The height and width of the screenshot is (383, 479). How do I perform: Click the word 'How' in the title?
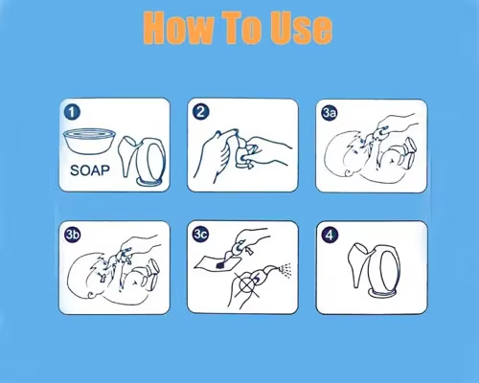pyautogui.click(x=178, y=28)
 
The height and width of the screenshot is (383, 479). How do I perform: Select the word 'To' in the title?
pyautogui.click(x=242, y=28)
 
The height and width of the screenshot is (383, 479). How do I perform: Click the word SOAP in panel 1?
pyautogui.click(x=89, y=170)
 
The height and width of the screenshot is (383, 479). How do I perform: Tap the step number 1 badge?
pyautogui.click(x=72, y=112)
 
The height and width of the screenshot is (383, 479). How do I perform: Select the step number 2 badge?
pyautogui.click(x=200, y=112)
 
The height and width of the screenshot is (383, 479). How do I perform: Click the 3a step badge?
pyautogui.click(x=330, y=112)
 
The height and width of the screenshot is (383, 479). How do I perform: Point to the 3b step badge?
pyautogui.click(x=72, y=235)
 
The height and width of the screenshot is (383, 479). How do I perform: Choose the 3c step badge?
pyautogui.click(x=200, y=235)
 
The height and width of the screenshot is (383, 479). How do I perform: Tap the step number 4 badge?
pyautogui.click(x=330, y=236)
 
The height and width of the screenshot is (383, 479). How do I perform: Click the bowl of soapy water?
pyautogui.click(x=89, y=141)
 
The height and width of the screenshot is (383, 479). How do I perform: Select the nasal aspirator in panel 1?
pyautogui.click(x=142, y=161)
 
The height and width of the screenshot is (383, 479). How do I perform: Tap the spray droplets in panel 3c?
pyautogui.click(x=285, y=270)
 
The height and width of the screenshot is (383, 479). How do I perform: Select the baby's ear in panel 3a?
pyautogui.click(x=350, y=171)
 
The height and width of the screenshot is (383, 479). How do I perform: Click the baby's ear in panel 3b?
pyautogui.click(x=93, y=293)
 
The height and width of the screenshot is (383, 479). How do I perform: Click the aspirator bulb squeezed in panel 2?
pyautogui.click(x=242, y=154)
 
